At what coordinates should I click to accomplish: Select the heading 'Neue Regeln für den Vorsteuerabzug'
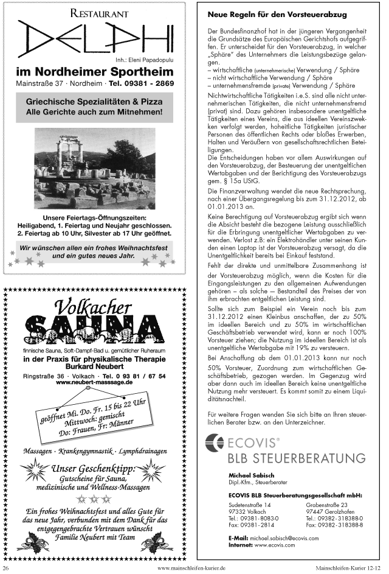point(277,13)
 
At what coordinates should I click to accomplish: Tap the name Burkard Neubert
point(94,368)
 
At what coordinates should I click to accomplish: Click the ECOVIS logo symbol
point(215,443)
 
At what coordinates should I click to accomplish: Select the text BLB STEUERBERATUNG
point(297,458)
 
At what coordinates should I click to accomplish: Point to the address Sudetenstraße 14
point(250,505)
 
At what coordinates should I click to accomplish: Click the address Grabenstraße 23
point(326,505)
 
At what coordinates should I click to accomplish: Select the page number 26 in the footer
point(7,567)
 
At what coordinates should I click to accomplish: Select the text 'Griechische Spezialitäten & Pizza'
point(94,102)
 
